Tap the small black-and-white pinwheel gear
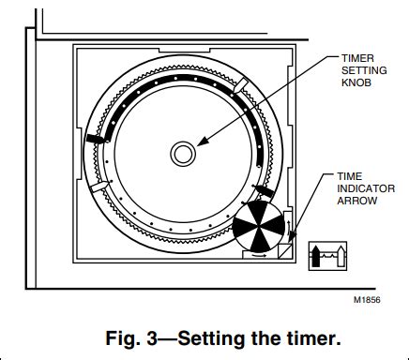coord(256,226)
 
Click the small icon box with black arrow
coord(328,253)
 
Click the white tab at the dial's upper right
coord(242,85)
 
